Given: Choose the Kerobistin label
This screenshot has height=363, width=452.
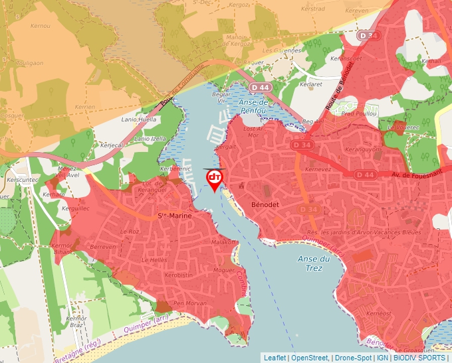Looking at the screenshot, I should pos(178,275).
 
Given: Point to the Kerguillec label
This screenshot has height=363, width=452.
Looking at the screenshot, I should pos(76,208).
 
